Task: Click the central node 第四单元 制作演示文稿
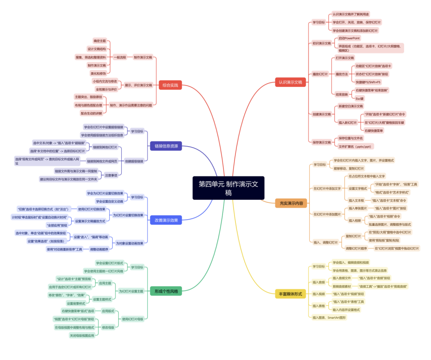(228, 188)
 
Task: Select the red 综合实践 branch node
(170, 85)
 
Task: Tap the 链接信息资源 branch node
(165, 146)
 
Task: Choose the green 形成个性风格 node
(165, 291)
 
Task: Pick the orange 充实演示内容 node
(291, 203)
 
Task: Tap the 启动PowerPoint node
(350, 39)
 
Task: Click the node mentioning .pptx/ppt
(356, 146)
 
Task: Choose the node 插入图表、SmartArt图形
(329, 317)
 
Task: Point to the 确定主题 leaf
(100, 41)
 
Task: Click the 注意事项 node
(111, 175)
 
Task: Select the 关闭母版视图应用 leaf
(82, 336)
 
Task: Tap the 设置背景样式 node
(76, 303)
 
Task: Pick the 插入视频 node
(319, 294)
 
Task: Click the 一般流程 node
(120, 57)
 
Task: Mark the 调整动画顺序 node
(99, 249)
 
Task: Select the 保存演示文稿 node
(322, 142)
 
